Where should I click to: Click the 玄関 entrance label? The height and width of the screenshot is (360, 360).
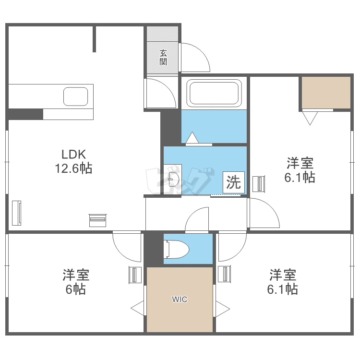point(163,58)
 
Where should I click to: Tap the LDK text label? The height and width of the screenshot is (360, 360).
point(73,155)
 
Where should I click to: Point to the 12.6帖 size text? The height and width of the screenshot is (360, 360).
point(73,168)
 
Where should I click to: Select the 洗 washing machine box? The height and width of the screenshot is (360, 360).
point(234,182)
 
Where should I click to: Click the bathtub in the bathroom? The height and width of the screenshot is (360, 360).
point(214,93)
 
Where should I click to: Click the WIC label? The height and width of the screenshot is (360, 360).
point(180,300)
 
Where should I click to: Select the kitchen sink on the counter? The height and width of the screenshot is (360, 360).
point(76,96)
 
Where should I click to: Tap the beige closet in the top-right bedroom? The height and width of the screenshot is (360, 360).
point(326,93)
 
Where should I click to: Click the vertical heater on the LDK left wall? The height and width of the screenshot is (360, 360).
point(17,212)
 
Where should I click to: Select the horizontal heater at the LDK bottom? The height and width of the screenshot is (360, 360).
point(97,220)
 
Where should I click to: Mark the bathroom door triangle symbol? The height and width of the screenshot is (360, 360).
point(192,138)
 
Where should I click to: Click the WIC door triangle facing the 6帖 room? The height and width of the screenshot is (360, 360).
point(138,308)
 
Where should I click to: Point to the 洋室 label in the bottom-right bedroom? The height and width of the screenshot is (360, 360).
point(282,275)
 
